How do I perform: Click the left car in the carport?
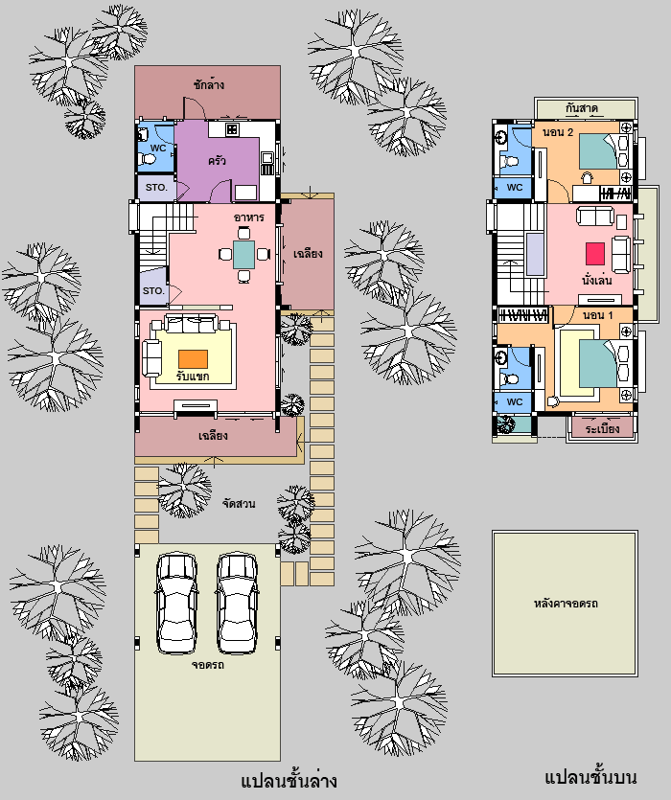tap(176, 603)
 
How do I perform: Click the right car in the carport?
tap(238, 603)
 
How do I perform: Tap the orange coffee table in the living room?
tap(193, 358)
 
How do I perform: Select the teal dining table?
tap(244, 255)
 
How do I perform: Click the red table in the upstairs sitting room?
tap(595, 254)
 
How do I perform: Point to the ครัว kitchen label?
tap(217, 161)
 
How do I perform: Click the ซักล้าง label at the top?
tap(209, 84)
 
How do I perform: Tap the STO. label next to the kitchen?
tap(156, 187)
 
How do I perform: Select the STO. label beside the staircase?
tap(153, 291)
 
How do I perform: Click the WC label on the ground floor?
tap(158, 148)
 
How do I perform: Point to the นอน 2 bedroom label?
tap(558, 132)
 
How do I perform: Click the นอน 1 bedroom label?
tap(597, 315)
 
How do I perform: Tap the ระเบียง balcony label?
tap(603, 428)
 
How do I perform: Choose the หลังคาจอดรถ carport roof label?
tap(566, 604)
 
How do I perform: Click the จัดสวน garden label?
tap(239, 504)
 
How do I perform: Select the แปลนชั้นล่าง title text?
tap(289, 781)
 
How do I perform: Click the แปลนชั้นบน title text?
tap(590, 777)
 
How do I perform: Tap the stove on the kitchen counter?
tap(232, 129)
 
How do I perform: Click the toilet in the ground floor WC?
tap(148, 159)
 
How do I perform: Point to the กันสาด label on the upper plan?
tap(582, 108)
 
